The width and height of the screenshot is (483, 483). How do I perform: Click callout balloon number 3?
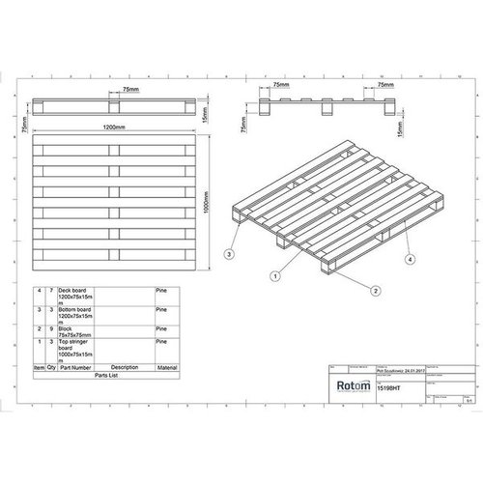tap(228, 254)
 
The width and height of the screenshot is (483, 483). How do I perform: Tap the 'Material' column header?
tap(169, 368)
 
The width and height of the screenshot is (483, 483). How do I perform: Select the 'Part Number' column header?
tap(75, 368)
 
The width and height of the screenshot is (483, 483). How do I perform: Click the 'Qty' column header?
tap(51, 368)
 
